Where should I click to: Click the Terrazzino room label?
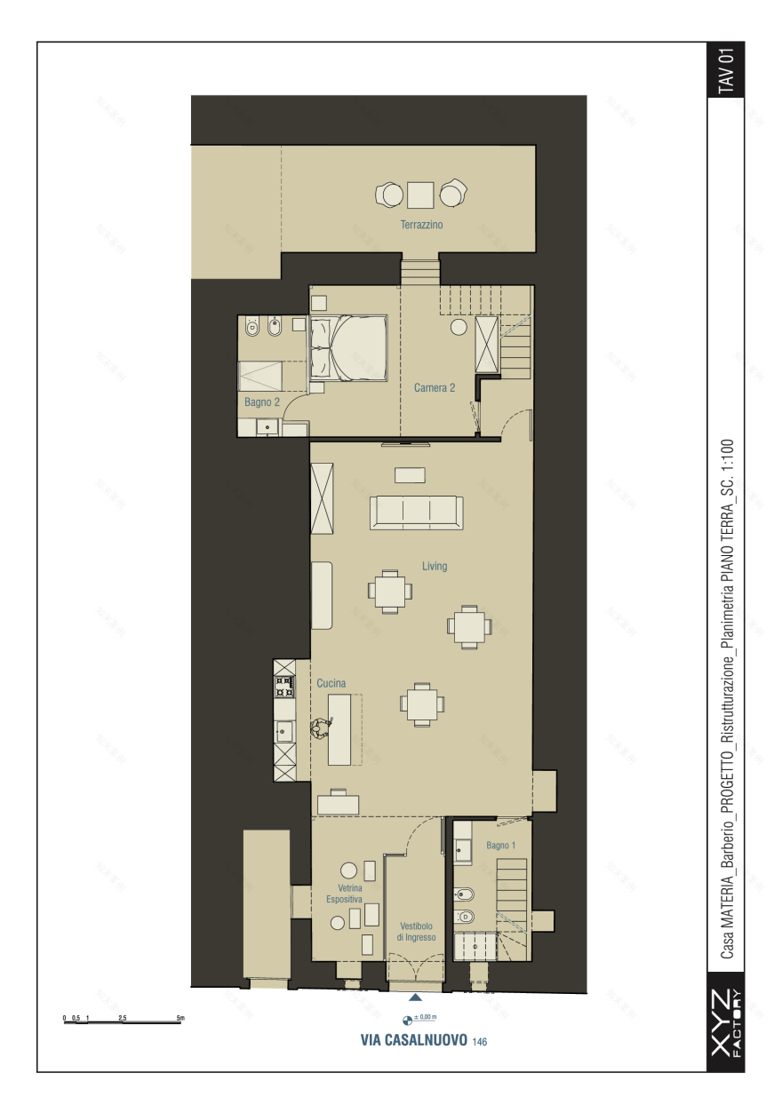tap(421, 225)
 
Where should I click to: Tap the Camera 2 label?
tap(435, 388)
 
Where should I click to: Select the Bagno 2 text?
tap(262, 402)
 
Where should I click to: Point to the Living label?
tap(435, 567)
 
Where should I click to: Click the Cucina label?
tap(331, 683)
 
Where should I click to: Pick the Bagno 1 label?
tap(501, 846)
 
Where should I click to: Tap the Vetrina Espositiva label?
tap(345, 894)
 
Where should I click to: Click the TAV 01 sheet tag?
tap(726, 69)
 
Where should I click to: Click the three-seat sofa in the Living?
tap(417, 513)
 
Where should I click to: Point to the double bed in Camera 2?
tap(347, 348)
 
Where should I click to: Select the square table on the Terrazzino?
tap(420, 195)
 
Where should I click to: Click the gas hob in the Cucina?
tap(284, 687)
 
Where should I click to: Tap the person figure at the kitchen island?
tap(321, 728)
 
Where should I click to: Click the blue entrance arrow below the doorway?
tap(415, 997)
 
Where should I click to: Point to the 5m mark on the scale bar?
tap(180, 1018)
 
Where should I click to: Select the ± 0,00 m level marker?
tap(419, 1019)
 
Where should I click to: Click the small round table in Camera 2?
tap(459, 327)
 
